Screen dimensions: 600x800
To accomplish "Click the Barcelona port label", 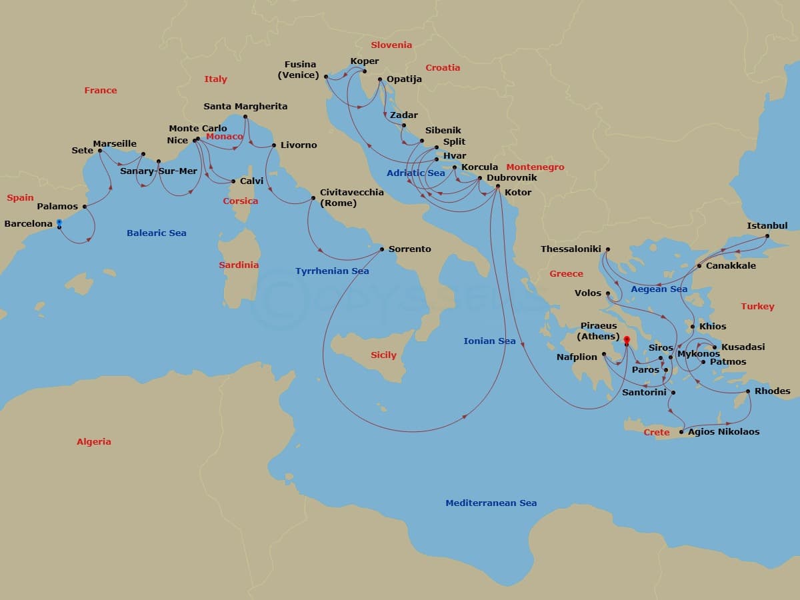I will pos(28,224).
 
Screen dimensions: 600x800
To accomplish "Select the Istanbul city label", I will pos(767,226).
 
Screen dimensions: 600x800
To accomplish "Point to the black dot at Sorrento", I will pos(381,249).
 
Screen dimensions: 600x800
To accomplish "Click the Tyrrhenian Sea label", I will pos(332,271).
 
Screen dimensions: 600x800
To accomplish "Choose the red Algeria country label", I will pos(94,442).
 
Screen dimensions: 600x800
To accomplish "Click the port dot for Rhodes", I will pos(748,391).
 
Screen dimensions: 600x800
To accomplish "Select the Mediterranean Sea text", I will pos(491,503).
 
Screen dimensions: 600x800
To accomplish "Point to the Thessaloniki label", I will pos(571,249).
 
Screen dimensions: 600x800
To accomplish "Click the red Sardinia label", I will pos(239,265).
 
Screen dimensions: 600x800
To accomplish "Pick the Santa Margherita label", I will pos(245,107).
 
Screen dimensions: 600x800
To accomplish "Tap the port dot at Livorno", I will pos(274,145).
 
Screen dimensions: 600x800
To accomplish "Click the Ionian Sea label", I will pos(489,341).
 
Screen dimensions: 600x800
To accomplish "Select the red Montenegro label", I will pos(535,167).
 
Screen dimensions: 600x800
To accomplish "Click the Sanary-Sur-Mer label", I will pos(159,171).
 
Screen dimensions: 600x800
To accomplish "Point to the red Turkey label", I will pos(757,307).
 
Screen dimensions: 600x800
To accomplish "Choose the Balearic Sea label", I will pos(157,233).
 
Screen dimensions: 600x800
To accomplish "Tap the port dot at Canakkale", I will pos(699,266).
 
